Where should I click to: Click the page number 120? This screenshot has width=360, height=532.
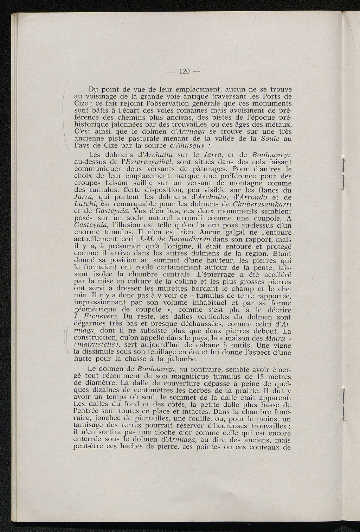(185, 72)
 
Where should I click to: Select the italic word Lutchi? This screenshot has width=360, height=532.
(86, 204)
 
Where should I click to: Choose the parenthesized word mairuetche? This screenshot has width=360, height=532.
(99, 345)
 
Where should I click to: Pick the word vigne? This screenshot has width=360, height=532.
(281, 345)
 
